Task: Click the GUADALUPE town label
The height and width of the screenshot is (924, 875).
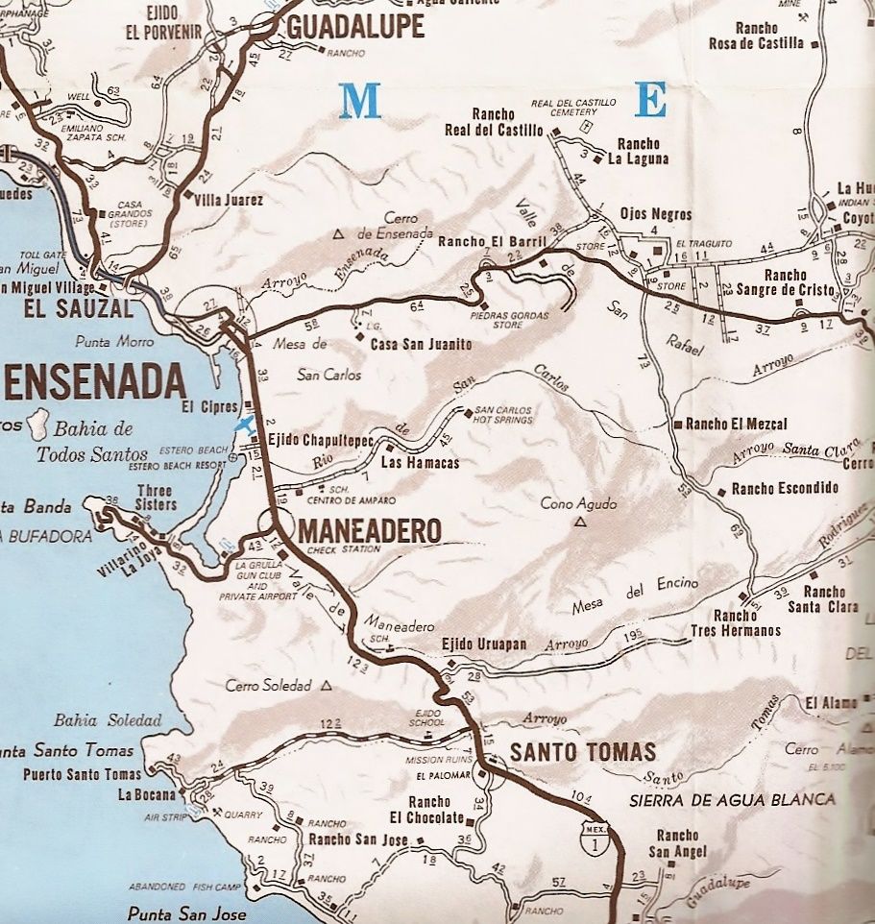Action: [354, 29]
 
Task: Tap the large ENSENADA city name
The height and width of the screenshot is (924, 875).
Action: [94, 382]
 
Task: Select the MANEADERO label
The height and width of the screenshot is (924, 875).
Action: [370, 530]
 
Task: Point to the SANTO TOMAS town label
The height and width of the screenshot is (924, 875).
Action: [582, 751]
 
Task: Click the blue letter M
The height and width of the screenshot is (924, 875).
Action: [360, 101]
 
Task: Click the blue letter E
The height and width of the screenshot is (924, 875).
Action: [650, 99]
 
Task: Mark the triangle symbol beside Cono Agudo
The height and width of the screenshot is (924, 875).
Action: [580, 523]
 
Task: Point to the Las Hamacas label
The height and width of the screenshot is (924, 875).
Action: [420, 463]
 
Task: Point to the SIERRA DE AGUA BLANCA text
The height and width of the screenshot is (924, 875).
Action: [732, 799]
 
